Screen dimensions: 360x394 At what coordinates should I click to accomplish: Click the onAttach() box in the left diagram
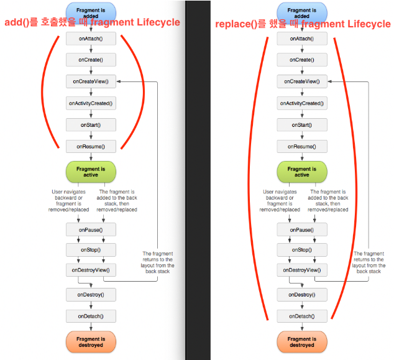tap(91, 38)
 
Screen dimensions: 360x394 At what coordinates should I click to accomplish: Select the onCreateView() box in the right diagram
tap(302, 81)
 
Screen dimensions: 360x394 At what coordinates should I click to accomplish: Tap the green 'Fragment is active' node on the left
tap(91, 172)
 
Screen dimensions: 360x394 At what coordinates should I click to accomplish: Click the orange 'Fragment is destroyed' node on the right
tap(302, 342)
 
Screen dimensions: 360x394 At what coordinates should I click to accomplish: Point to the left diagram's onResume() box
tap(91, 147)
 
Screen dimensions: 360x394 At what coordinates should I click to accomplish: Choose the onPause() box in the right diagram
tap(302, 230)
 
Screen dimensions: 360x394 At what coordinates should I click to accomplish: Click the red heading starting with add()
tap(92, 22)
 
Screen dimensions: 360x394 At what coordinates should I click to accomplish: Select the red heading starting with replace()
tap(303, 24)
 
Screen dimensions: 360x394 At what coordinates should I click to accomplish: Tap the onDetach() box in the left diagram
tap(91, 316)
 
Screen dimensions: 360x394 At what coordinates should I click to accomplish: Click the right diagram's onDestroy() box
tap(302, 295)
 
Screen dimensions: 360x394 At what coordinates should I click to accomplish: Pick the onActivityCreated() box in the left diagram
tap(91, 103)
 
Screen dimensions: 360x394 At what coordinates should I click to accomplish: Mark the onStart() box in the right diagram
tap(302, 125)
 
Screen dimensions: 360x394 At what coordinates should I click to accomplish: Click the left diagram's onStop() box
tap(91, 250)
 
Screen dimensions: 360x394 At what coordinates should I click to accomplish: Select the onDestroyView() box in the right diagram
tap(302, 270)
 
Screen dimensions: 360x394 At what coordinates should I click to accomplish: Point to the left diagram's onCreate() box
tap(91, 60)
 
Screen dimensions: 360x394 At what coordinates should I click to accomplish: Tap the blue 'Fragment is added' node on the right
tap(302, 11)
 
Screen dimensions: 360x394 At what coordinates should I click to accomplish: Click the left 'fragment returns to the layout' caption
tap(158, 262)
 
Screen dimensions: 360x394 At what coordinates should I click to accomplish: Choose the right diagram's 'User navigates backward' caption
tap(280, 201)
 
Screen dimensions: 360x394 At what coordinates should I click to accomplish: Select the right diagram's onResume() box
tap(302, 147)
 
